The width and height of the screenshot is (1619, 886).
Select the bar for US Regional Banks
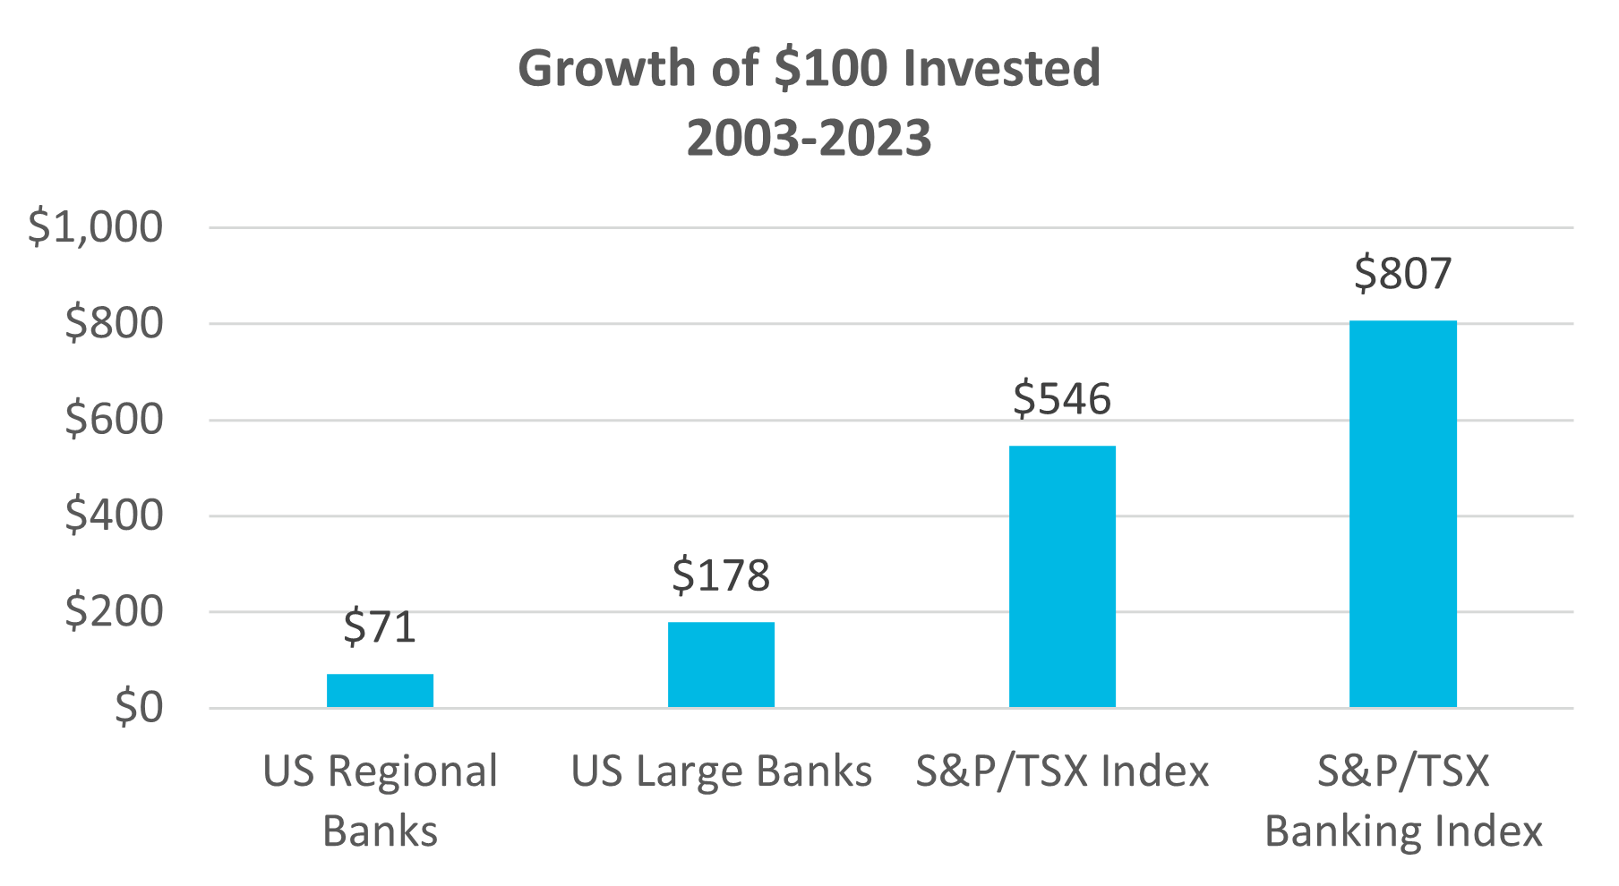(381, 690)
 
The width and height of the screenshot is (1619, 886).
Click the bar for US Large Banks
(722, 664)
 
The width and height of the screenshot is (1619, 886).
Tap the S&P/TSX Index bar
(1063, 576)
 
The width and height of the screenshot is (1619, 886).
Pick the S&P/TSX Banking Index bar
(1403, 514)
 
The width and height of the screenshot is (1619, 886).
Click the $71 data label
(381, 627)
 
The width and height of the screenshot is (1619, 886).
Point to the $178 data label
(722, 575)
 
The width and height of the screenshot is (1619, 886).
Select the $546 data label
(1063, 399)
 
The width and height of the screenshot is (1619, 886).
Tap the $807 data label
(1403, 274)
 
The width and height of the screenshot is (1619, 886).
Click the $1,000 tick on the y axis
(96, 227)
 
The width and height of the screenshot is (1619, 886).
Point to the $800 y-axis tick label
(115, 323)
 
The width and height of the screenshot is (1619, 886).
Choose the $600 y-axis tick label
(115, 420)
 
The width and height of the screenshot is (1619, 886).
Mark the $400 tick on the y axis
(115, 515)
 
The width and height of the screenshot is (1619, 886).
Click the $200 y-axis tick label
(115, 612)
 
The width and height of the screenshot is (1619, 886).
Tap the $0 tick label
(140, 708)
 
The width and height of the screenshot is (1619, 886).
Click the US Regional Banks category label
(381, 801)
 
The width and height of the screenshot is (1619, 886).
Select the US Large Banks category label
(722, 771)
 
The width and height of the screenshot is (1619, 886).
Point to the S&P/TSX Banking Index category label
(1403, 801)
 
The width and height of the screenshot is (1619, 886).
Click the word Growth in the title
(607, 69)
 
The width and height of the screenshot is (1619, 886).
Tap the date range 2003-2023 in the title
(809, 139)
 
